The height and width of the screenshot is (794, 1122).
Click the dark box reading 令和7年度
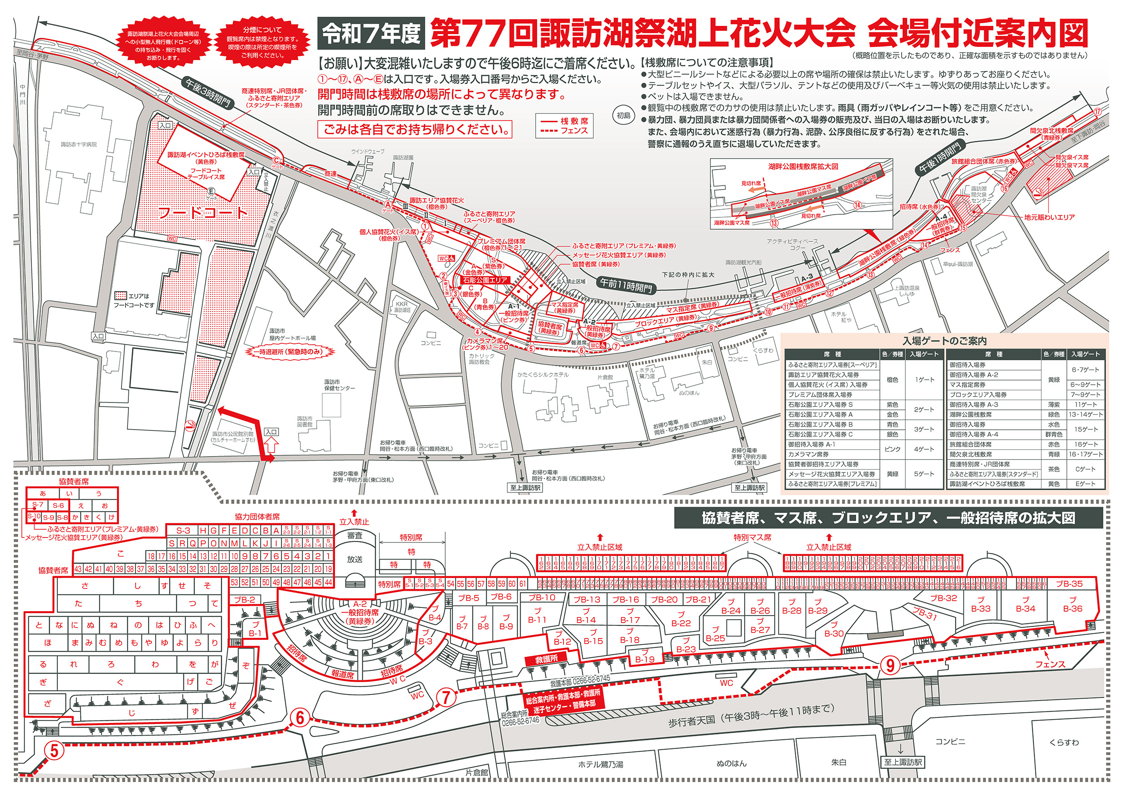pos(371,33)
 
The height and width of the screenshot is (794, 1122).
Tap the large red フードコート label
pos(203,213)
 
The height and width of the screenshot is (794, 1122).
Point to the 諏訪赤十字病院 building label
pos(79,145)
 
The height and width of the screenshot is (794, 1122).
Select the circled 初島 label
pos(624,116)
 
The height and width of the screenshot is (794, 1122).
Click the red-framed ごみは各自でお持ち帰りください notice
pos(415,130)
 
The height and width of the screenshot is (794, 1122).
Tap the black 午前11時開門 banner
pos(626,285)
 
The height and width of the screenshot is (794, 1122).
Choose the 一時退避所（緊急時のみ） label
pos(291,352)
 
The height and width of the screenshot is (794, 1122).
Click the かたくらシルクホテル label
pos(543,375)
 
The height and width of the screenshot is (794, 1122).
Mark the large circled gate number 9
pos(890,665)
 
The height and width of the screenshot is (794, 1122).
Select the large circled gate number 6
pos(300,718)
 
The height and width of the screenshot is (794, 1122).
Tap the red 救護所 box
pos(546,658)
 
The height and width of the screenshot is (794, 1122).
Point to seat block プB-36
pos(1072,604)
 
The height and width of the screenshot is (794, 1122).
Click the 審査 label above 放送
pos(355,535)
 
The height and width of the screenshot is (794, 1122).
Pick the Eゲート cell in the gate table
pos(1085,484)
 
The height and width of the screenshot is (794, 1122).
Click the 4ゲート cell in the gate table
pos(924,449)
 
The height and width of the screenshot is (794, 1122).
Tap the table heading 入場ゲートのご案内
pos(944,341)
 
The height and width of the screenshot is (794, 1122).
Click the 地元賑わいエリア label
pos(1049,217)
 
